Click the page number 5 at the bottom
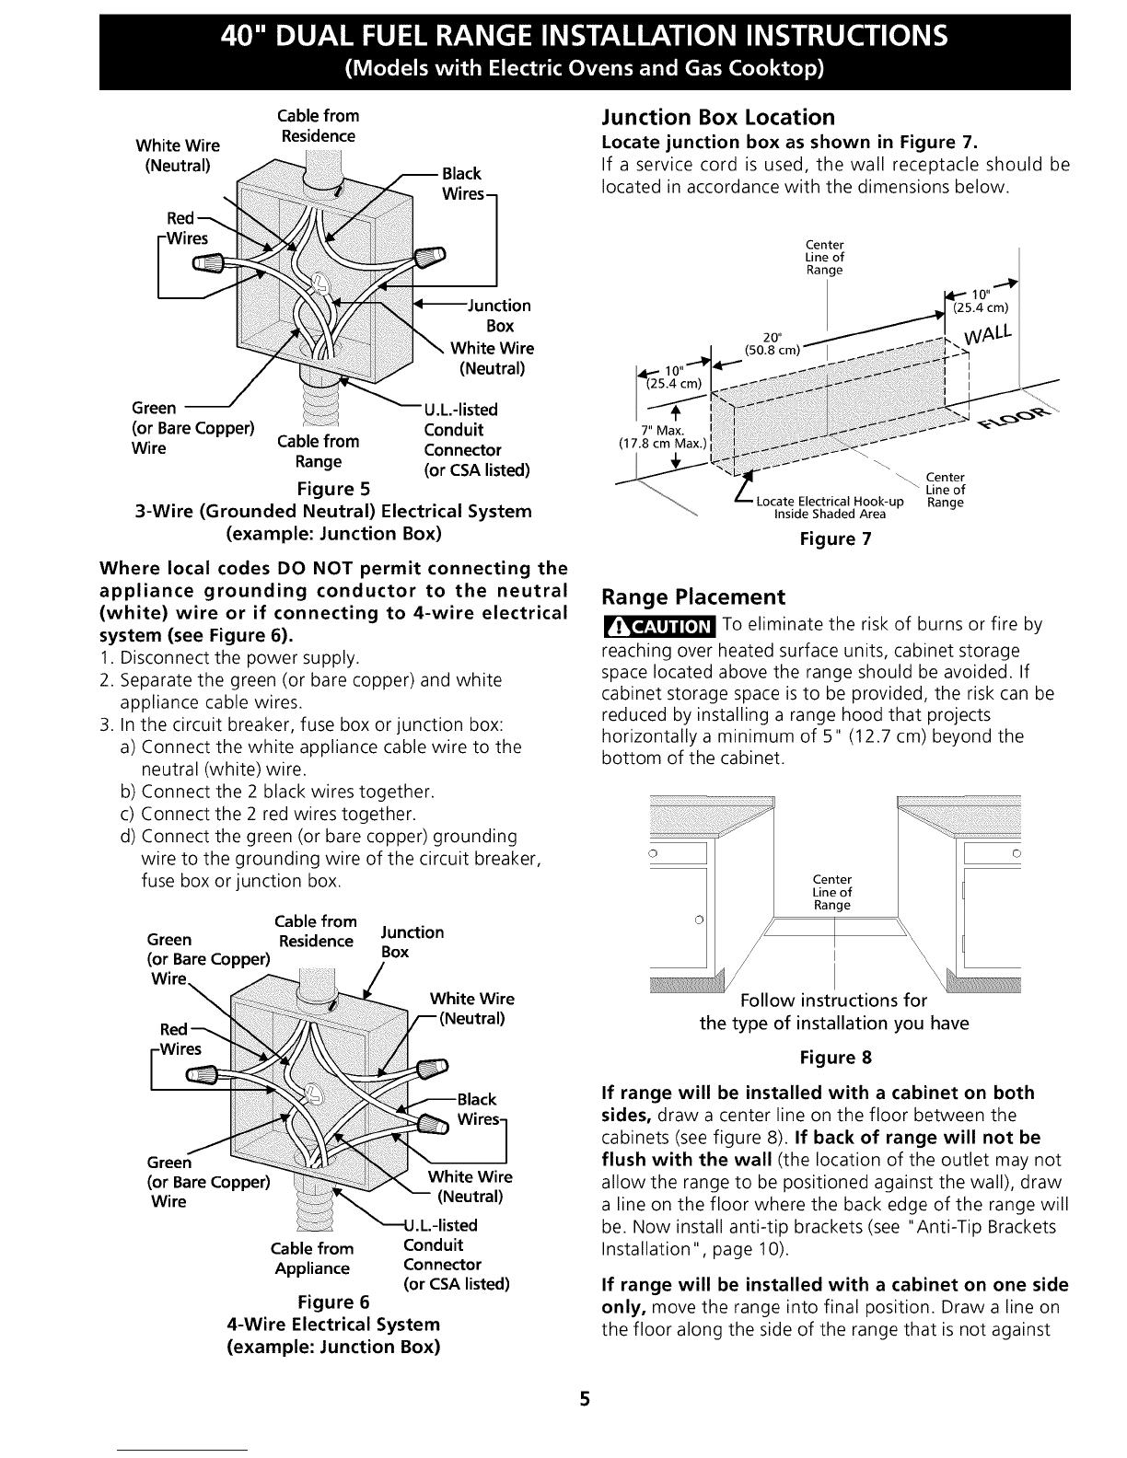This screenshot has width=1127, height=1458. tap(585, 1399)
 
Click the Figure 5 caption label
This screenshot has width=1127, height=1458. tap(333, 489)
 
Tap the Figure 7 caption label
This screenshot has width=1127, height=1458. tap(836, 538)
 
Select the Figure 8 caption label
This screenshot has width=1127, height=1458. tap(836, 1058)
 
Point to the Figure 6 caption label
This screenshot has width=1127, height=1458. tap(333, 1302)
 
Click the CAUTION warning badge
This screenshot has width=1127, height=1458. tap(659, 626)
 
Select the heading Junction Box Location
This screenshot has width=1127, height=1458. tap(718, 118)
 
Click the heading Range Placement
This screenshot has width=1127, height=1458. tap(693, 596)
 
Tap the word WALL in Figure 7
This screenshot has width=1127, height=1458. tap(987, 333)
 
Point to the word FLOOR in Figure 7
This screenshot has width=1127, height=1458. tap(1015, 417)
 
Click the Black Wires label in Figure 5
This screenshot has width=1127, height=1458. tap(463, 184)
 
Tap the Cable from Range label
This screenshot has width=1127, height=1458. tap(319, 452)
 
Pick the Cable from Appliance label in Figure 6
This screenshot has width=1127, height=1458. tap(312, 1258)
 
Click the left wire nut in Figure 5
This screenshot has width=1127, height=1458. tap(209, 262)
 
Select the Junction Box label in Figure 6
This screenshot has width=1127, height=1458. tap(412, 942)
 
